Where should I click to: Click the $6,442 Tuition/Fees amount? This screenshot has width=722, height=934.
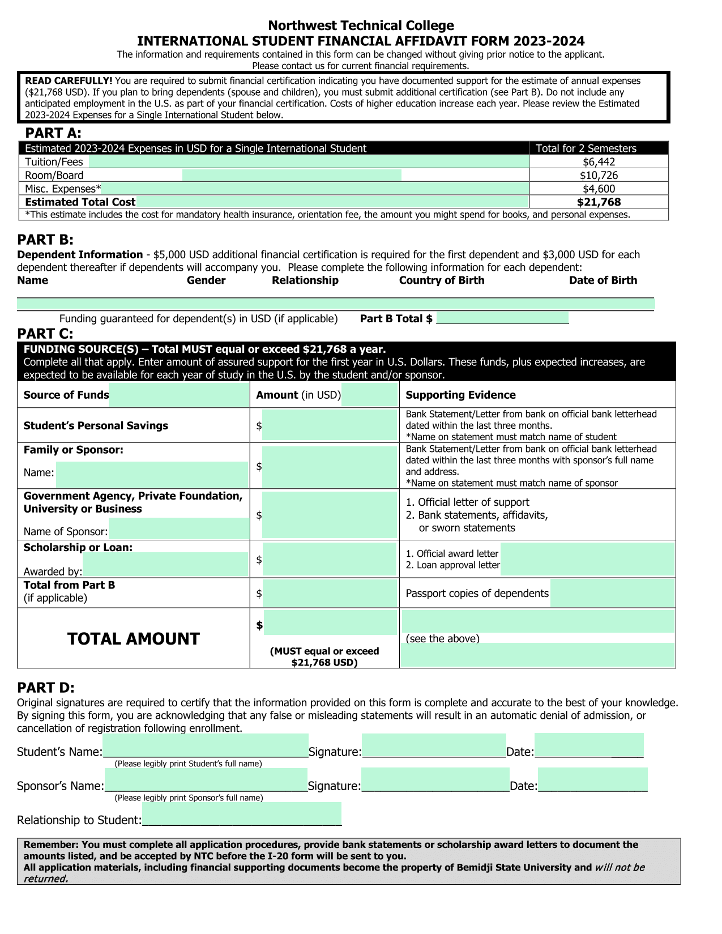599,162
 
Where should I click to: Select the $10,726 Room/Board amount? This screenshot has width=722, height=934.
599,176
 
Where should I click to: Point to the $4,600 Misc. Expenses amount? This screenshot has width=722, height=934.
599,189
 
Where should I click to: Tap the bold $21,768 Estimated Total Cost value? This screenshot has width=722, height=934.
599,202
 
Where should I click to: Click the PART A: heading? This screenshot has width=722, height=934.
53,133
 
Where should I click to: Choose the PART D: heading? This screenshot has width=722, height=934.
46,688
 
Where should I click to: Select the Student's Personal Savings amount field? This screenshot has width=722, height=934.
330,425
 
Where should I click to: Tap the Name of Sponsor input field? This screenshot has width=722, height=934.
179,530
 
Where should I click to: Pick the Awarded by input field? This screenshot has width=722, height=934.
165,565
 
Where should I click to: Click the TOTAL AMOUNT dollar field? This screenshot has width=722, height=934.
330,623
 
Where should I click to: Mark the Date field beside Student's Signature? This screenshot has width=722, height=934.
589,746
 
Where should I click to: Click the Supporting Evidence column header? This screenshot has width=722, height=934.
460,395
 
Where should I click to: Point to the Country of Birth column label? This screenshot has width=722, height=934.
442,280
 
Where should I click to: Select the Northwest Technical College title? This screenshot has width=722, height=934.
361,25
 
